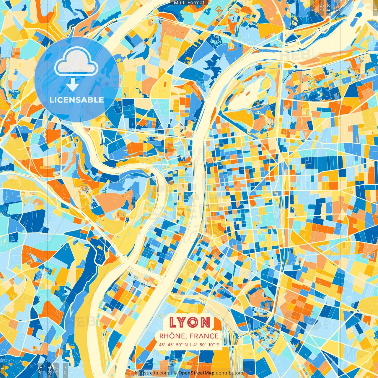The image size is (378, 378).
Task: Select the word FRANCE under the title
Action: (204, 336)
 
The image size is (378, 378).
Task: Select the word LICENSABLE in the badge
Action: (77, 100)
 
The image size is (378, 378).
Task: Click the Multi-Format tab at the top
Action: (189, 3)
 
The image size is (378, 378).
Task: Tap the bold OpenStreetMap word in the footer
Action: (196, 373)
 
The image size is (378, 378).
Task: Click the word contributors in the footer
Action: (229, 373)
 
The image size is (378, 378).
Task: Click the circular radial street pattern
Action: (269, 335)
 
